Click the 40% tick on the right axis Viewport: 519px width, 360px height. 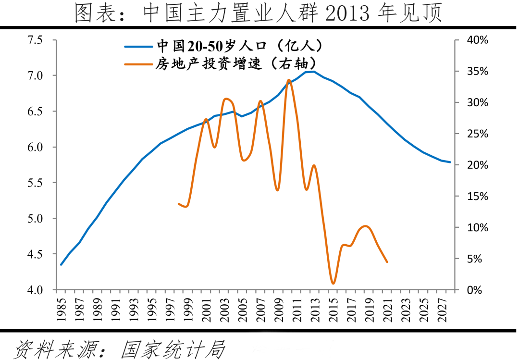[x=477, y=40]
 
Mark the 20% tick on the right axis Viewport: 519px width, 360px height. [x=477, y=165]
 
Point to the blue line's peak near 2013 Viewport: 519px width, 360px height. [x=313, y=72]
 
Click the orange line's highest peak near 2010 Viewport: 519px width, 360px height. [x=288, y=80]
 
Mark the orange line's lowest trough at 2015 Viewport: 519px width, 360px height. [x=333, y=283]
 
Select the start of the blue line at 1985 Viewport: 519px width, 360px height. [x=61, y=264]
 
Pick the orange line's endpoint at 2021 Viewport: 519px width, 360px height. [x=387, y=262]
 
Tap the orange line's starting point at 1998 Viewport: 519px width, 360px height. [x=179, y=204]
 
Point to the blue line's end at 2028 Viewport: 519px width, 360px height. [x=450, y=162]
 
